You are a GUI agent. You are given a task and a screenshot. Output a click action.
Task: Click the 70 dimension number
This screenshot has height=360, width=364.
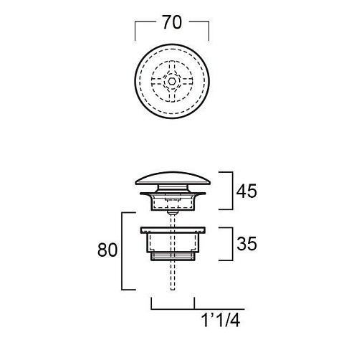[x=172, y=22]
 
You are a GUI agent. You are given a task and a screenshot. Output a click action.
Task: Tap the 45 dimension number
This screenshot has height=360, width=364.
[x=246, y=191]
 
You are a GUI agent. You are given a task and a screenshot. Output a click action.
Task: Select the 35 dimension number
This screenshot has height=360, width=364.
[x=246, y=244]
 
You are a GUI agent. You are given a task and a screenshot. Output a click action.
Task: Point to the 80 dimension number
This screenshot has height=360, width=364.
[x=107, y=250]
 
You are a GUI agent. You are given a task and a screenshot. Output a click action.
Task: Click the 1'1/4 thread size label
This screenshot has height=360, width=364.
[x=221, y=320]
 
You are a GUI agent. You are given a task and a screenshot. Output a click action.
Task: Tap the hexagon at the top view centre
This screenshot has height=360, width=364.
[x=171, y=81]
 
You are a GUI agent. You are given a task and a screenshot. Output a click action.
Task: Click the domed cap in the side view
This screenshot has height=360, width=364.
[x=173, y=179]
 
